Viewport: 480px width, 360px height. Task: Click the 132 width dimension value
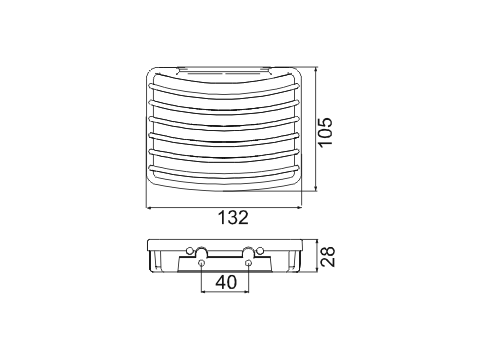[x=233, y=218]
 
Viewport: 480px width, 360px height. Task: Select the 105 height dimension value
[x=326, y=131]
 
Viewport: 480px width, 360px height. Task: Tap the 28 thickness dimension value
[x=327, y=257]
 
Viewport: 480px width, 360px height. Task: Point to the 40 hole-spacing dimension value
[x=226, y=282]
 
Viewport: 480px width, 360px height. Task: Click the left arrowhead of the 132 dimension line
[x=149, y=208]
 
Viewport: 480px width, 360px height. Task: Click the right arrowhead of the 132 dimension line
[x=299, y=207]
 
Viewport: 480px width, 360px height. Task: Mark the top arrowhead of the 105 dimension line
[x=316, y=70]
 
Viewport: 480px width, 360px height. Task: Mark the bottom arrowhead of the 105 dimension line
[x=316, y=189]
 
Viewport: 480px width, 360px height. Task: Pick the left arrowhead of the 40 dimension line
[x=204, y=292]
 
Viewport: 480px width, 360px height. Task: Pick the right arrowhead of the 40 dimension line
[x=247, y=292]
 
